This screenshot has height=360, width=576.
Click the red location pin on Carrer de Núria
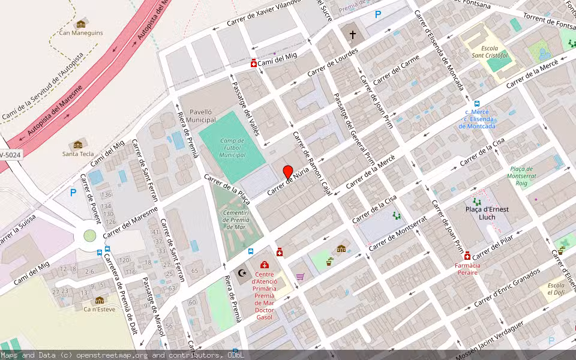click(x=288, y=172)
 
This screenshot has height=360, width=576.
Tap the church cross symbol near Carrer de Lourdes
click(x=352, y=35)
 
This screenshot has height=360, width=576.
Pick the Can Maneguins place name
click(x=80, y=33)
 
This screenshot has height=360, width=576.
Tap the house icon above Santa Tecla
click(x=77, y=145)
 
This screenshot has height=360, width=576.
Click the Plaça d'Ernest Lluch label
click(x=487, y=213)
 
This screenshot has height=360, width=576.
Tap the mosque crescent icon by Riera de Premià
click(x=243, y=273)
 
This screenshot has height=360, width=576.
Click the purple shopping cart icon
click(x=300, y=277)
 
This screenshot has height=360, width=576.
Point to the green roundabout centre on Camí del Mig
click(x=89, y=236)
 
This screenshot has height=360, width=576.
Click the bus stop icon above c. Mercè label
click(x=477, y=103)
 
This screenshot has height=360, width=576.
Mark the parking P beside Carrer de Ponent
click(x=73, y=193)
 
